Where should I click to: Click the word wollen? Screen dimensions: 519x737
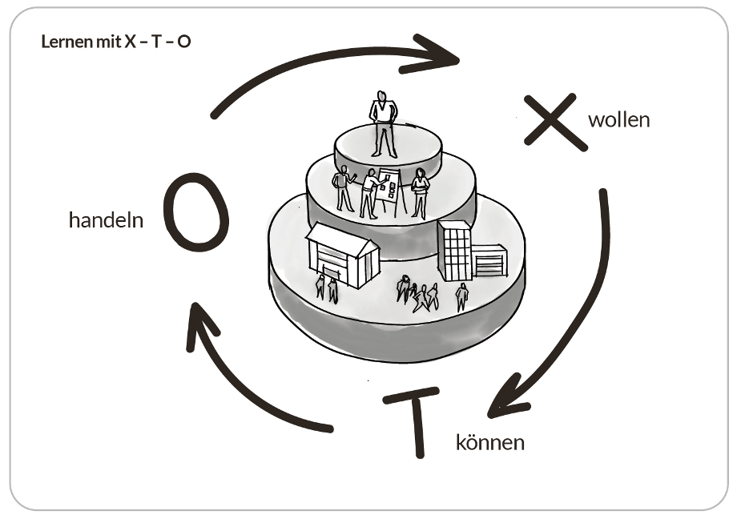pos(618,120)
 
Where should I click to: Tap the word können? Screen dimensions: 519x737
pos(490,441)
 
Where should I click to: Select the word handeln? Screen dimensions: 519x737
pos(106,220)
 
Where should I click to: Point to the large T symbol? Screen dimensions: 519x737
pos(416,421)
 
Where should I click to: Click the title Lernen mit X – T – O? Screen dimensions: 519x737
pos(116,41)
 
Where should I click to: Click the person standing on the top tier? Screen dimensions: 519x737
pos(383,123)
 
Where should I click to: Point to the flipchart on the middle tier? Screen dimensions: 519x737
pos(391,190)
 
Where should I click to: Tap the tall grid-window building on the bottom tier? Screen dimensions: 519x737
pos(455,250)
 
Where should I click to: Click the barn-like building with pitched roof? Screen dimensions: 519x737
pos(342,253)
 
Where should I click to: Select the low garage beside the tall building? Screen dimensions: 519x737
pos(489,261)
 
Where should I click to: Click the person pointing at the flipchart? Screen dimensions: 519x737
pos(369,193)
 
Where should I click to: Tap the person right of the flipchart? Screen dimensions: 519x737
pos(420,192)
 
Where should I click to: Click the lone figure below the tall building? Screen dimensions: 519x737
pos(461,296)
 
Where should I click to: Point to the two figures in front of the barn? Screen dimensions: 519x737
pos(326,288)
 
